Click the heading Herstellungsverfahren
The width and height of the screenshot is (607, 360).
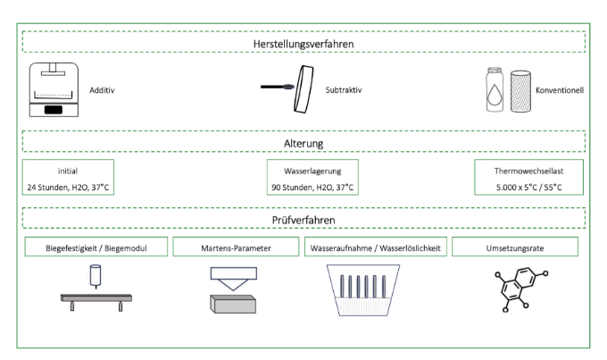point(303,44)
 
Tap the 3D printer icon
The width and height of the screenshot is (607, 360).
point(54,89)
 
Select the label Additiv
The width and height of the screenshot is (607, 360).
point(102,90)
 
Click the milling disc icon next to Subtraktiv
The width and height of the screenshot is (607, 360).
point(303,89)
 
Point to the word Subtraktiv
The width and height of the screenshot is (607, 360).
point(344,90)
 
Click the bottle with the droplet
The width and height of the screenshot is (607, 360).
point(495,90)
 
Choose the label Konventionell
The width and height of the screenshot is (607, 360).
point(560,90)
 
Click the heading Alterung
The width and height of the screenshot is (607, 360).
point(303,144)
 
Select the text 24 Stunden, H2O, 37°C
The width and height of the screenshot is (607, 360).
point(68,188)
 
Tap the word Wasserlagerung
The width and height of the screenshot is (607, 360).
point(312,172)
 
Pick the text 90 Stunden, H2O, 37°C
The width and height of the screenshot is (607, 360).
point(312,188)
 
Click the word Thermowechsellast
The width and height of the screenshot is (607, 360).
point(528,172)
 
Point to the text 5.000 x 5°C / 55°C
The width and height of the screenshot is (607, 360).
point(528,188)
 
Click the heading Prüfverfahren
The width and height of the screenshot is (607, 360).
point(303,220)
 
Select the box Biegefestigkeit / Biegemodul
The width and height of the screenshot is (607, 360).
point(96,247)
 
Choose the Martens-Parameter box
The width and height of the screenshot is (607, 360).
point(236,247)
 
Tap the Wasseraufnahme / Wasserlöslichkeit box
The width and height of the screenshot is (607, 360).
point(376,247)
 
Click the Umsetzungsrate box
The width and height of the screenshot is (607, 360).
point(515,247)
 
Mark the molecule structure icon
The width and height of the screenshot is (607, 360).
point(521,289)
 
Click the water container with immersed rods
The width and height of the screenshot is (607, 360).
point(363,290)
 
